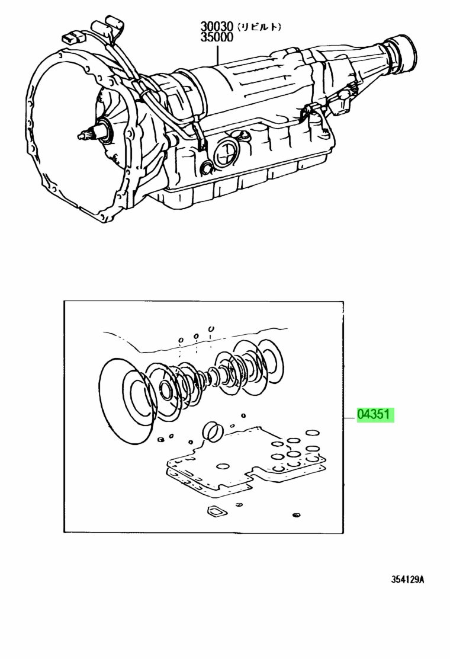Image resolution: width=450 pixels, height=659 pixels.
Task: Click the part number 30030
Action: pyautogui.click(x=217, y=27)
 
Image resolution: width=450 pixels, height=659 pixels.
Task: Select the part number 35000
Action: pyautogui.click(x=217, y=37)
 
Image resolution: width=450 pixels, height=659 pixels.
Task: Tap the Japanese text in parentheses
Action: pyautogui.click(x=259, y=27)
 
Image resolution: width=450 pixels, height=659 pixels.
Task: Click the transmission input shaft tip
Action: pyautogui.click(x=81, y=136)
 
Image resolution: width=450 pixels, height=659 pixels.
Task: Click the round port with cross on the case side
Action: pyautogui.click(x=227, y=151)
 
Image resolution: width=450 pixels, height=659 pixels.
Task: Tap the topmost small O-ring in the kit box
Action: pyautogui.click(x=211, y=329)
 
